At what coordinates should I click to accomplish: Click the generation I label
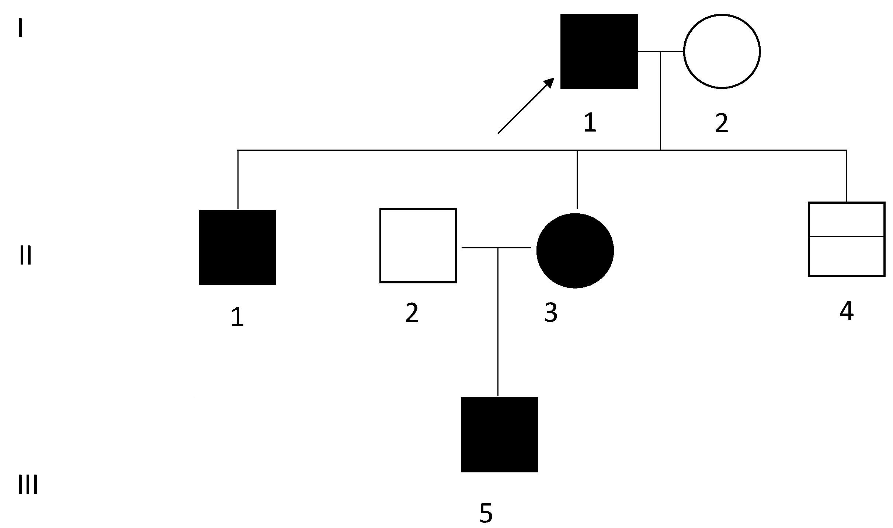tap(21, 29)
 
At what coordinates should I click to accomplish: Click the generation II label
tap(25, 256)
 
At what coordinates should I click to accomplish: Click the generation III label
tap(28, 485)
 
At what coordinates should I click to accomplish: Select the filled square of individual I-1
tap(599, 52)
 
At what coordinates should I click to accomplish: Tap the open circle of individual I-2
tap(722, 52)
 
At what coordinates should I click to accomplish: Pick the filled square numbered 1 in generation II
tap(237, 248)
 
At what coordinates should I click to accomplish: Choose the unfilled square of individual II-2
tap(418, 246)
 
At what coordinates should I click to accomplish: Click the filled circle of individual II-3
tap(575, 251)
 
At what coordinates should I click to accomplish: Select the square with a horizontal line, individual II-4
tap(846, 239)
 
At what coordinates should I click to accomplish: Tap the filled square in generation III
tap(499, 434)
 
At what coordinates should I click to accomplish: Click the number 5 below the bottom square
tap(486, 513)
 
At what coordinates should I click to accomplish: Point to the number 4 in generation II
tap(846, 311)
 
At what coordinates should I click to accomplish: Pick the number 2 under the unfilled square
tap(412, 313)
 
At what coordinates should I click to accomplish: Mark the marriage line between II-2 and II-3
tap(479, 248)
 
